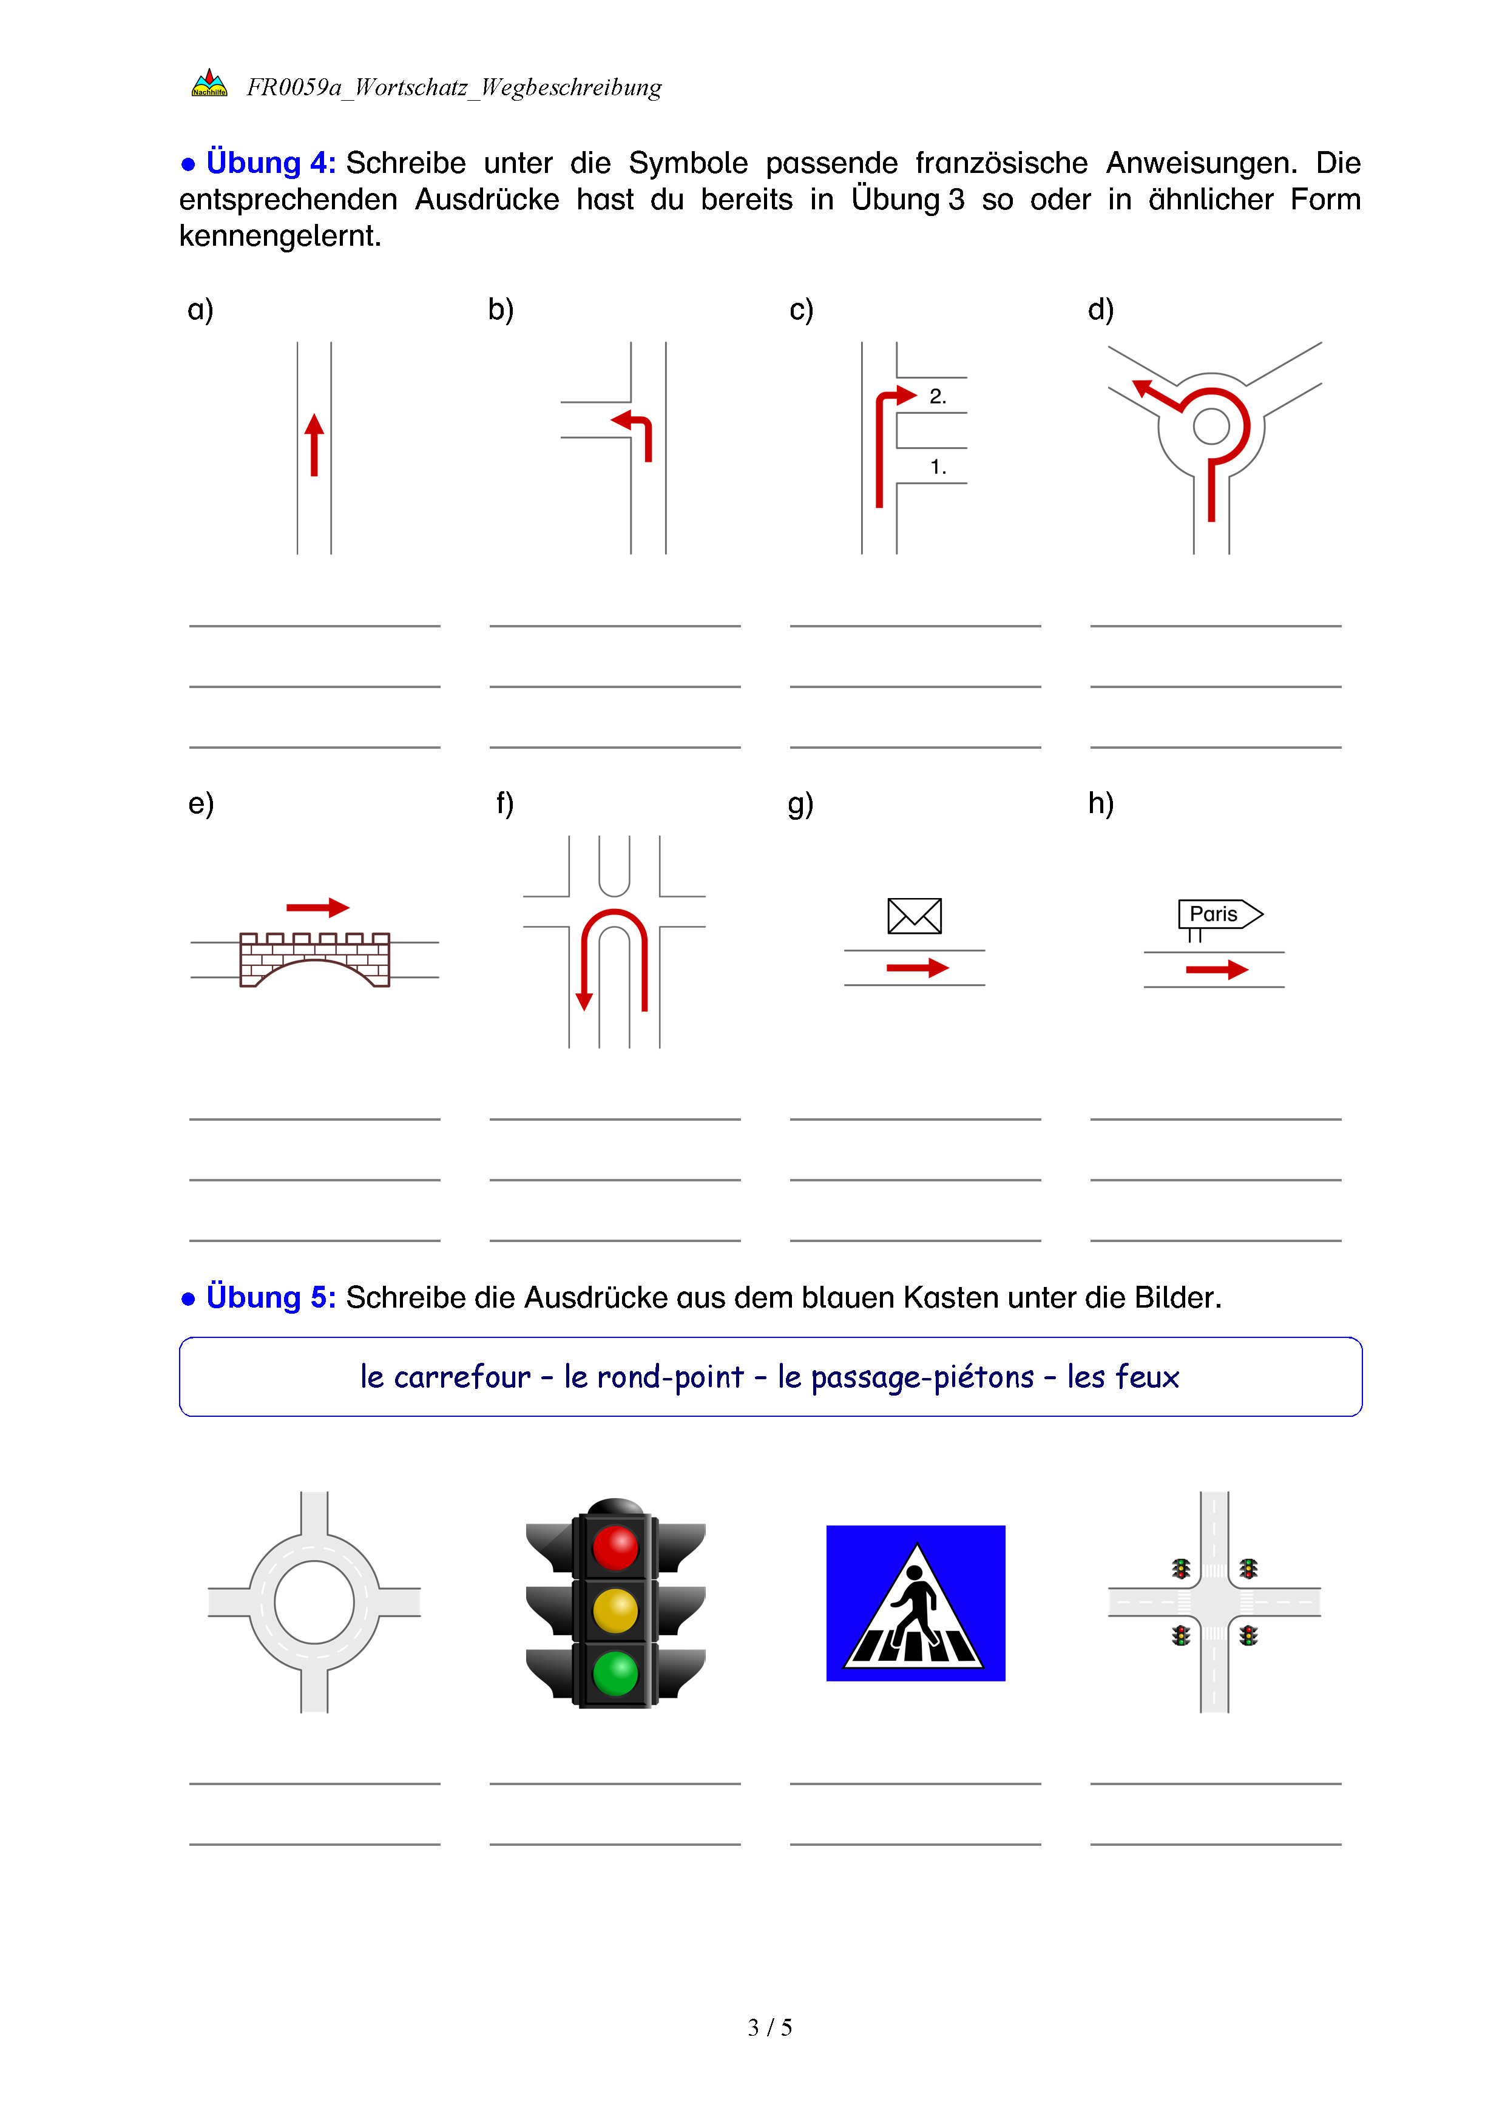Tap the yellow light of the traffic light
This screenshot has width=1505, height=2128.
click(x=615, y=1611)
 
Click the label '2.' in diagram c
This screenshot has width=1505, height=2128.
click(x=938, y=397)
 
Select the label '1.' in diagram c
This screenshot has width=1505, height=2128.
click(x=938, y=467)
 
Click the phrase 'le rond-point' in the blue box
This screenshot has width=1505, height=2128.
click(x=654, y=1377)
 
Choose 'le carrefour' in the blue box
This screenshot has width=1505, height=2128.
click(x=445, y=1377)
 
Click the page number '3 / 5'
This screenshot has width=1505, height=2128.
click(x=769, y=2027)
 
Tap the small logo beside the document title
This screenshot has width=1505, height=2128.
click(x=209, y=84)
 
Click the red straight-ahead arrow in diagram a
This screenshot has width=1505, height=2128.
click(x=314, y=445)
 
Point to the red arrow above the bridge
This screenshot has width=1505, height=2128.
click(x=317, y=907)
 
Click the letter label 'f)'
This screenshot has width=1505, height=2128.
click(x=504, y=803)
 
